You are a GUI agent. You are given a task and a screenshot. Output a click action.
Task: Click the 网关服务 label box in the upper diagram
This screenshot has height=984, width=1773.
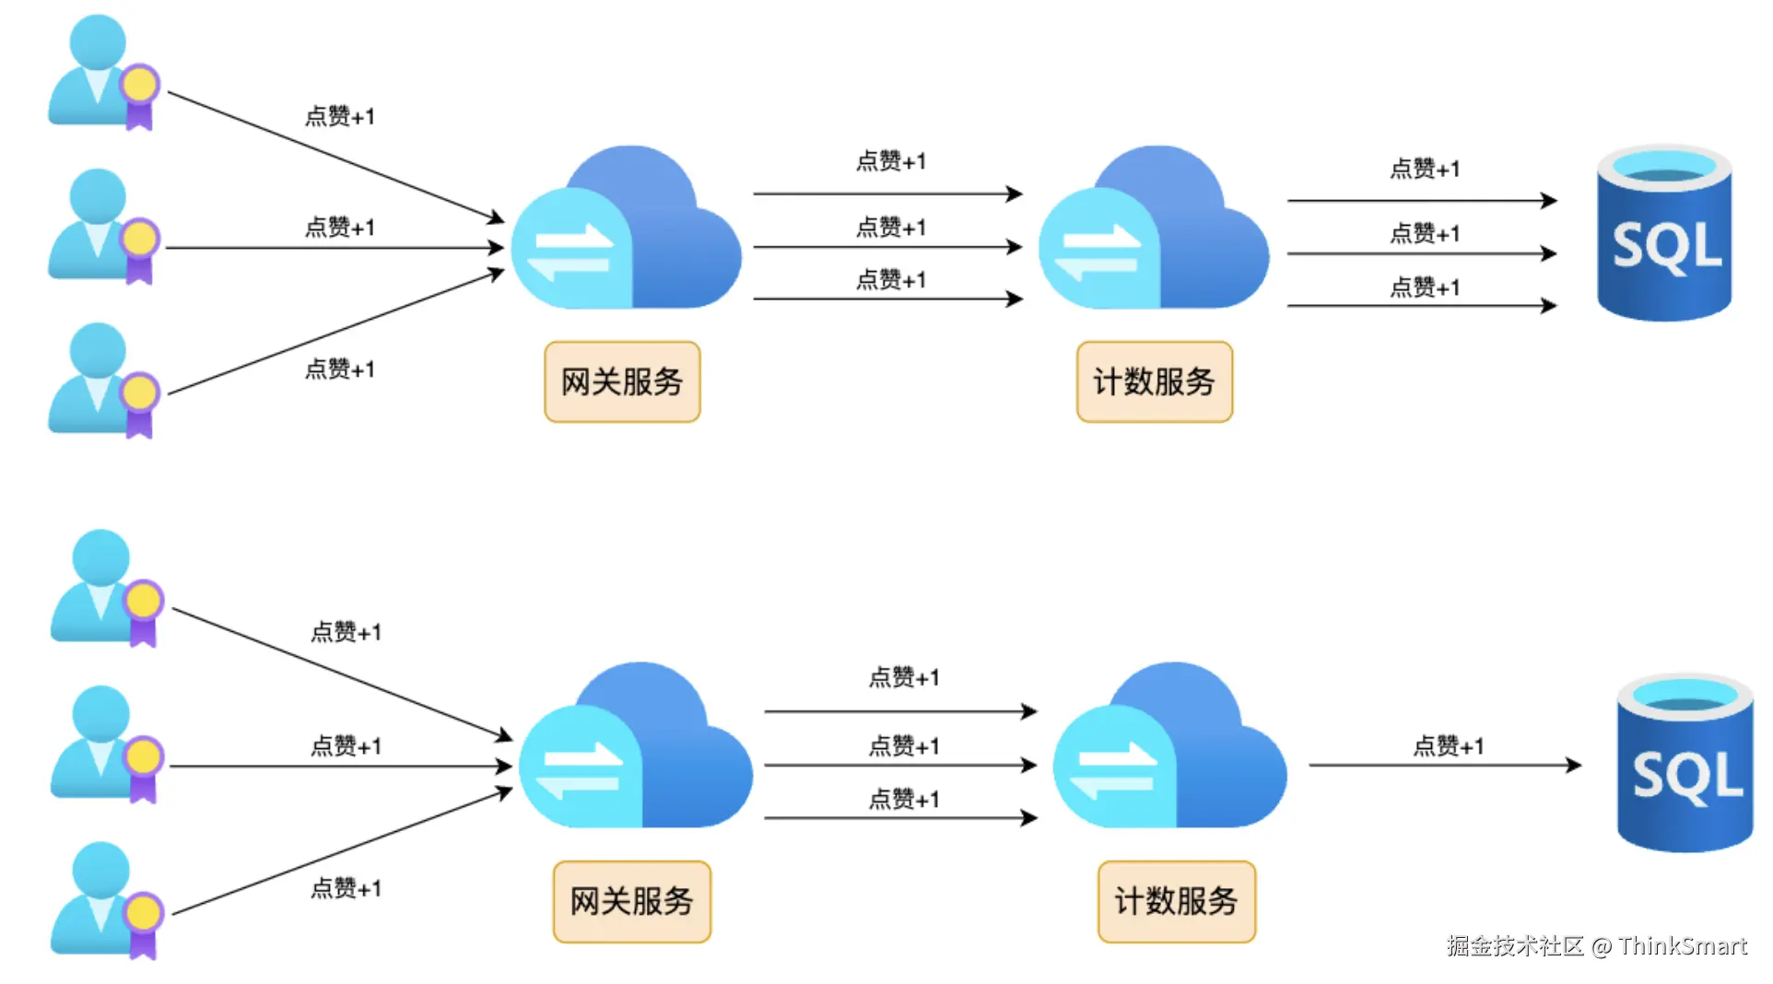pos(622,381)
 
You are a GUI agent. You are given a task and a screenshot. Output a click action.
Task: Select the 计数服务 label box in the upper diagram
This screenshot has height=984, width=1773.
pos(1154,381)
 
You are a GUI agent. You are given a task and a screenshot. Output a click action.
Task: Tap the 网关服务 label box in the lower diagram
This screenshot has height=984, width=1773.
pos(631,901)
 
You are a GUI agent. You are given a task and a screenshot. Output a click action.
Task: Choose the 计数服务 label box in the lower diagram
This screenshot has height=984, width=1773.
pos(1176,901)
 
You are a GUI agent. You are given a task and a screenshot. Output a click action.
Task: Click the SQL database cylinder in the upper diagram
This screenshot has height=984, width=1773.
pos(1664,232)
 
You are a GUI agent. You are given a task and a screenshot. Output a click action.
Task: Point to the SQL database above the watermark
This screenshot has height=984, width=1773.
pos(1685,763)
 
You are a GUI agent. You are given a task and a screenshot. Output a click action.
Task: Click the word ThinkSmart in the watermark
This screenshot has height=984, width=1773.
pos(1683,946)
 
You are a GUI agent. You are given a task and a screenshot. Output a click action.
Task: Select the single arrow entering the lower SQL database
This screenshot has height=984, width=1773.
pos(1445,765)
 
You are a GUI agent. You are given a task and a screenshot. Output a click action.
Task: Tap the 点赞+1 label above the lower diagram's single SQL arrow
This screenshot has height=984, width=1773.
pos(1449,745)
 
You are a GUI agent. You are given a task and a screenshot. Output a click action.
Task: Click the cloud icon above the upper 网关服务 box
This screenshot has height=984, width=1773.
pos(627,228)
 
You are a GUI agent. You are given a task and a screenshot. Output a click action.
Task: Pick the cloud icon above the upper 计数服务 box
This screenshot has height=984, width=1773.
pos(1154,228)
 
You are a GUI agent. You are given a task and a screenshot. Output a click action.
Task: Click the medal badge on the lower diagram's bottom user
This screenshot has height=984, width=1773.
pos(143,923)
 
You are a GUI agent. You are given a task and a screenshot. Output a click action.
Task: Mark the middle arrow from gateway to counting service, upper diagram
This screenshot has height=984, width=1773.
pos(888,247)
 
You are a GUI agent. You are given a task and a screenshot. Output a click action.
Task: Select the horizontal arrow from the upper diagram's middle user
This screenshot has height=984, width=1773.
pos(335,248)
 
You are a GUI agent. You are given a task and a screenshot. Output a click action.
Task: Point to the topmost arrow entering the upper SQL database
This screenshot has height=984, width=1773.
pos(1423,200)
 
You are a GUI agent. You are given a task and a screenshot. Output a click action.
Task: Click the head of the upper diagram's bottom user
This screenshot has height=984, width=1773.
pos(98,350)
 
